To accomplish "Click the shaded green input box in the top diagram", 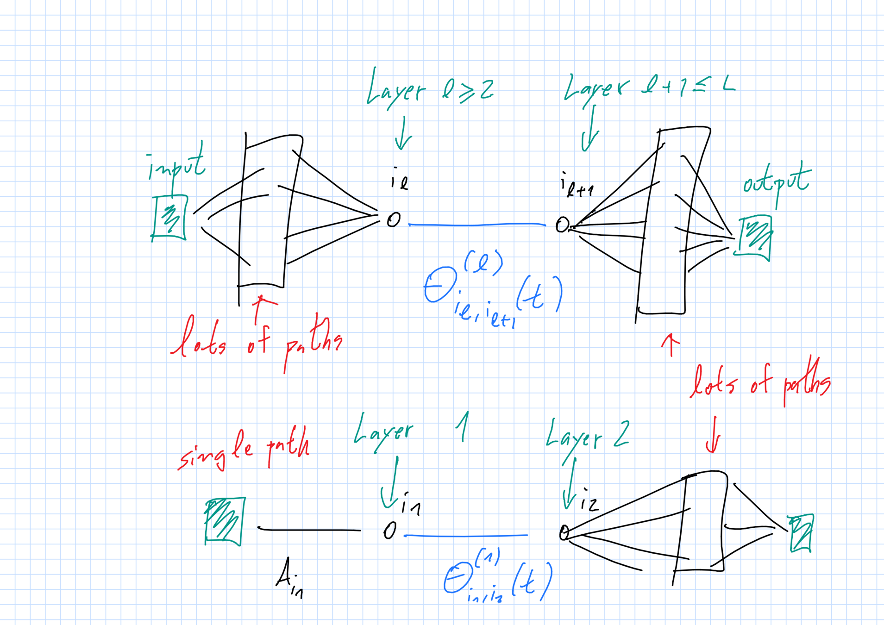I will (169, 217).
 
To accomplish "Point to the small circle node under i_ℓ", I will (394, 219).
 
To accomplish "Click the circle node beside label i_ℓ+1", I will (562, 225).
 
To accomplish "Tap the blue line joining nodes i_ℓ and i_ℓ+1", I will (477, 225).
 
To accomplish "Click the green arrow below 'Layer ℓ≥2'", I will (403, 134).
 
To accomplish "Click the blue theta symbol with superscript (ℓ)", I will (440, 284).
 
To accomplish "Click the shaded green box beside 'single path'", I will (225, 521).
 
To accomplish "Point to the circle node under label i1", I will (390, 531).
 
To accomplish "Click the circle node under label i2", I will (564, 532).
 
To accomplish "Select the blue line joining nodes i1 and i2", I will (465, 536).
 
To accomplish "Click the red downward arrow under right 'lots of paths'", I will (713, 435).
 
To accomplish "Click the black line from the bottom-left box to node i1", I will (309, 529).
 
